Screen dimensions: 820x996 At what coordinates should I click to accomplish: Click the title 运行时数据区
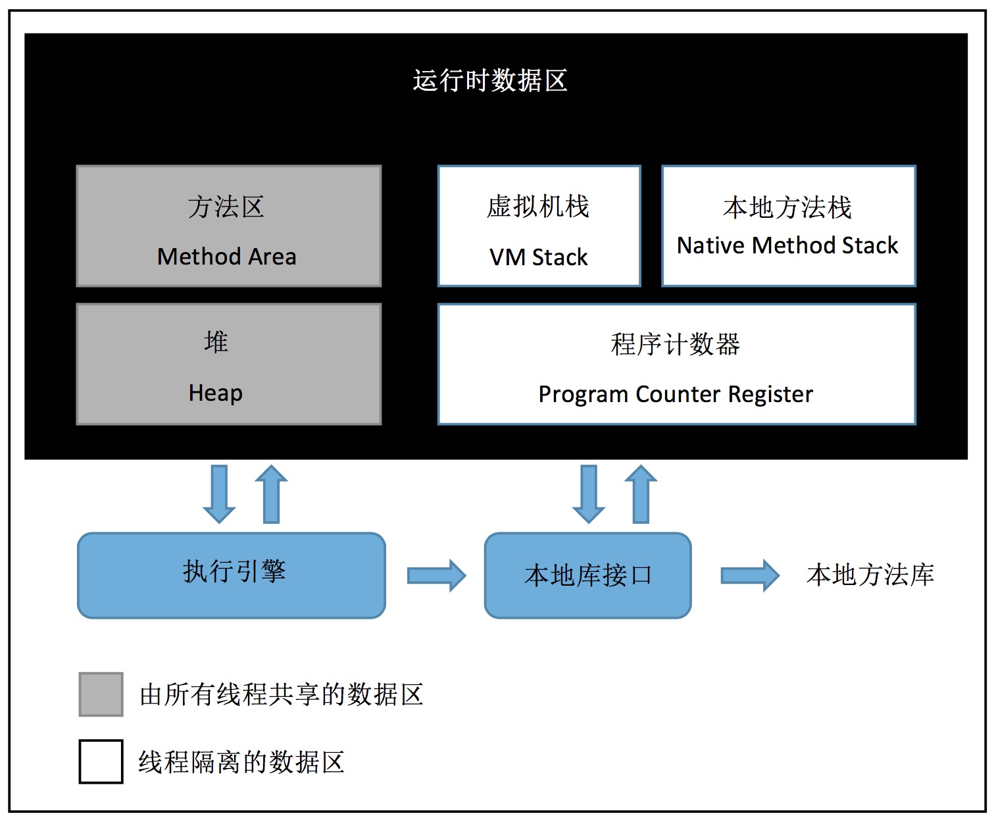(x=490, y=81)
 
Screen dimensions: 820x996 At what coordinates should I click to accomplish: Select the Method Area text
(x=226, y=257)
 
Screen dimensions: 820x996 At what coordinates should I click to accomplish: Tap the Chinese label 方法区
(x=226, y=207)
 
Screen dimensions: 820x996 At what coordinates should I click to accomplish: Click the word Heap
(x=215, y=393)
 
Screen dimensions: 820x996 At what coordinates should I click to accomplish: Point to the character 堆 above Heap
(x=216, y=342)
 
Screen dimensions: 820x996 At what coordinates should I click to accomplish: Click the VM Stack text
(x=538, y=257)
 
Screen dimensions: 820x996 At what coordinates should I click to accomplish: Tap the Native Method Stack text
(x=787, y=245)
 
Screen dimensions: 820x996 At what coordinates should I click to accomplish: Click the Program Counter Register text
(x=676, y=394)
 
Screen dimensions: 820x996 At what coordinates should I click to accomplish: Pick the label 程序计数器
(x=676, y=344)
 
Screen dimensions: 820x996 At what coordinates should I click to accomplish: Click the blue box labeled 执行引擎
(x=232, y=575)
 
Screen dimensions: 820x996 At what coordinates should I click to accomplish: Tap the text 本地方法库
(x=870, y=575)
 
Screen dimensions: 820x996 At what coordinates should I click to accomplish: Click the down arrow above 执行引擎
(x=219, y=494)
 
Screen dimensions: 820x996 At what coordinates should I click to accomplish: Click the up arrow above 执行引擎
(x=271, y=494)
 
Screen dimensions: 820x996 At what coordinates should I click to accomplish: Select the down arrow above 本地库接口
(x=589, y=494)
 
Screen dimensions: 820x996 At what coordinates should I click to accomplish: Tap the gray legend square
(x=101, y=694)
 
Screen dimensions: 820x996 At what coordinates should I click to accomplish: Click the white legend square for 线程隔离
(x=101, y=761)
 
